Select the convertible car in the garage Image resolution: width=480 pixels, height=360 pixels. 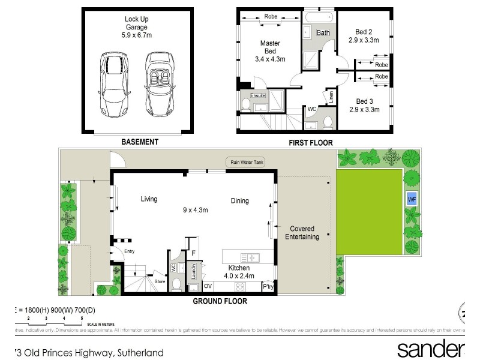point(159,85)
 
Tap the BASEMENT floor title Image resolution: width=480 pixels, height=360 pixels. point(140,142)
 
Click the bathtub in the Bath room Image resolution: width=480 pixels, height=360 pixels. point(316,18)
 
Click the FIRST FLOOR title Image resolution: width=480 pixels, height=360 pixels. point(311,142)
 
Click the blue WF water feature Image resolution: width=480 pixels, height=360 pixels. point(412,199)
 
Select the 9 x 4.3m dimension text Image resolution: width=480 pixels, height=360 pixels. point(195,210)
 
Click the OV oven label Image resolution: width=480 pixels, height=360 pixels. point(209,286)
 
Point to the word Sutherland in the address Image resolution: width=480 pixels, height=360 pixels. point(140,353)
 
